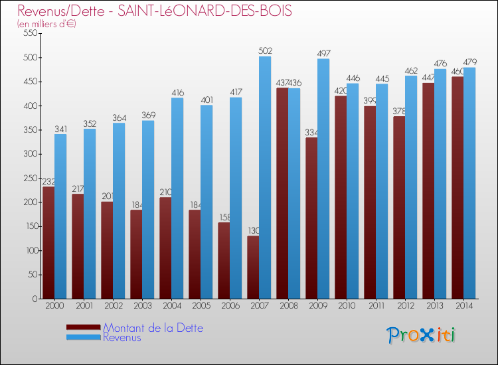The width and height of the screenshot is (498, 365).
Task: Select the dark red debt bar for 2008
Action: tap(282, 193)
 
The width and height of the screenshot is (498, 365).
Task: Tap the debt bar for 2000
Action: tap(48, 243)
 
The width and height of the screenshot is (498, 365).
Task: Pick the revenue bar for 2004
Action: tap(177, 198)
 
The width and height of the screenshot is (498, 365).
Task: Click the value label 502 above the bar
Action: tap(265, 50)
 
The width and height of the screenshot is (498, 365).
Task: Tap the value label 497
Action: tap(323, 53)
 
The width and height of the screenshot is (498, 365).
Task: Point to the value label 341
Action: tap(60, 128)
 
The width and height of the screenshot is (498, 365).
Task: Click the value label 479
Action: tap(469, 62)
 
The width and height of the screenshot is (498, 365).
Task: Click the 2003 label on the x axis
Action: tap(141, 306)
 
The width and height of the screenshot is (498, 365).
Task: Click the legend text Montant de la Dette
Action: tap(153, 328)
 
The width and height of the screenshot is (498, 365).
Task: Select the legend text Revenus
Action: tap(122, 337)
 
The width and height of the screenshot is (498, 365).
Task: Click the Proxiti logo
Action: tap(421, 335)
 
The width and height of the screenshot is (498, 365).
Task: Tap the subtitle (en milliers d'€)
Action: tap(47, 24)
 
